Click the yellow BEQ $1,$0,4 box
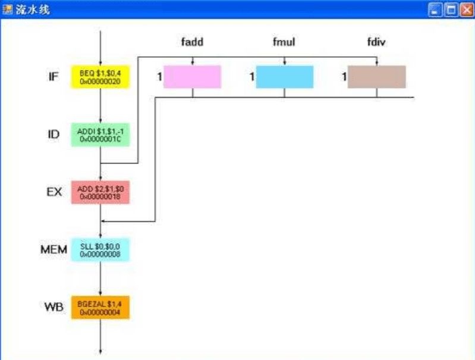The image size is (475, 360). coord(100,77)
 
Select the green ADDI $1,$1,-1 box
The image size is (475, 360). coord(100,134)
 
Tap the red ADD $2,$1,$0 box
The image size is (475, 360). coord(100,192)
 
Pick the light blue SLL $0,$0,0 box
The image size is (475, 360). coord(100,250)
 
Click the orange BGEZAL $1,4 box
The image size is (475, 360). coord(100,308)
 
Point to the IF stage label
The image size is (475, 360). coord(54,77)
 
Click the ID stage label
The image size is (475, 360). coord(54,134)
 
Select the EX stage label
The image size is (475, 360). coord(54,192)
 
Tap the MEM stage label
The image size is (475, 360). coord(54,250)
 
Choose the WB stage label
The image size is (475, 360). coord(54,308)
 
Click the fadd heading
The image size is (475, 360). coord(193,42)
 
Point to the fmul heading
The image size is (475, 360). coord(284,42)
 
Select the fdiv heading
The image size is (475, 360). coord(377,42)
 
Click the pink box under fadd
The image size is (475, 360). coord(192,77)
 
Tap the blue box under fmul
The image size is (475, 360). coord(284,77)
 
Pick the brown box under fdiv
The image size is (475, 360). coord(376,77)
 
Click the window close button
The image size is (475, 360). coord(467,10)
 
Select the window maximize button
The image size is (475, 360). coord(452,10)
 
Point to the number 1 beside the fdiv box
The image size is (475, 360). coord(344,77)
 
